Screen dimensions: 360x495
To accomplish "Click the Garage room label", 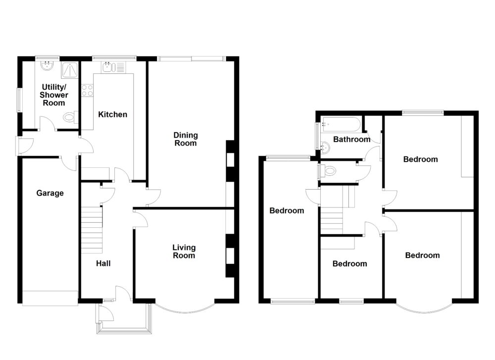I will pos(50,193).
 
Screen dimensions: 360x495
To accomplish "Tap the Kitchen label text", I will pos(112,114).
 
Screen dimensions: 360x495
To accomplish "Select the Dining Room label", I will pos(185,139).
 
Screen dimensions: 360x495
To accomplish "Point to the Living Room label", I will pos(184,252).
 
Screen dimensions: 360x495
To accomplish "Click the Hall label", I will pos(103,263).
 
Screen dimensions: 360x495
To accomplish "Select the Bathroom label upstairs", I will pos(351,140).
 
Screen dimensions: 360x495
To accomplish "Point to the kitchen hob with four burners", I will pos(87,90).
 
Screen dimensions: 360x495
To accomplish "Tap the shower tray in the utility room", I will pos(70,70).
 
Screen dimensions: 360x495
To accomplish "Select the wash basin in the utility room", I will pos(47,66).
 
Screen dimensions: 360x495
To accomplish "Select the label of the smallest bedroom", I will pos(349,264).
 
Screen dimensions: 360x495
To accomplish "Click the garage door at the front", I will pos(50,298).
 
